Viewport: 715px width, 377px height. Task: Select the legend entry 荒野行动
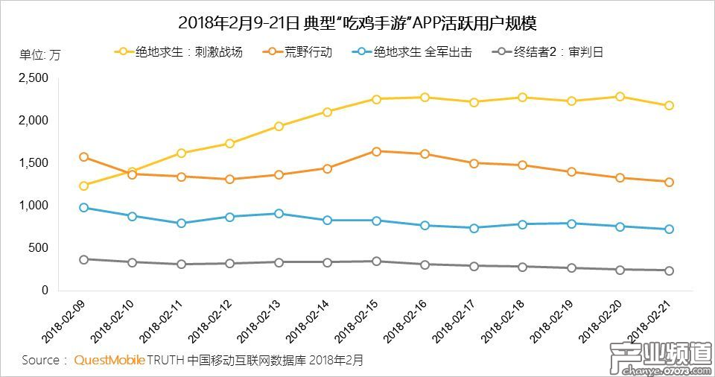[307, 52]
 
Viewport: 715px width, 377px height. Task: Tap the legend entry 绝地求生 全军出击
[422, 52]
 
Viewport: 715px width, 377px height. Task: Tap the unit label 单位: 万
[40, 54]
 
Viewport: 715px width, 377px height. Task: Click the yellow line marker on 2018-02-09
[83, 186]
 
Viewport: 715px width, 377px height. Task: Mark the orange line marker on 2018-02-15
[376, 151]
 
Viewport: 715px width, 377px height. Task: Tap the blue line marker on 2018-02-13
[279, 213]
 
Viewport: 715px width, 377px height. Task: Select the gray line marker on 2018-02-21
[669, 270]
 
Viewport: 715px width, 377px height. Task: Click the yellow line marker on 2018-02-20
[620, 97]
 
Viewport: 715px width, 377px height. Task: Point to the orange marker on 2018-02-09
[83, 157]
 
